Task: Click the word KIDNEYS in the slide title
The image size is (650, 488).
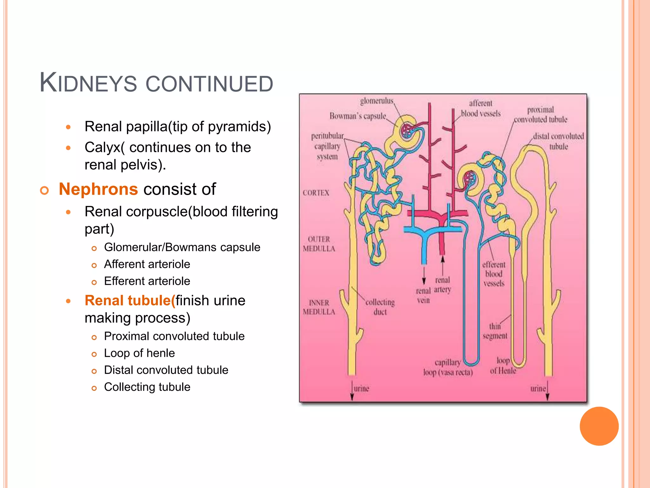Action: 88,83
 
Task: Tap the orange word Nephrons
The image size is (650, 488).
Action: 98,189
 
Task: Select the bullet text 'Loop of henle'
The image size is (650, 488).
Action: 139,353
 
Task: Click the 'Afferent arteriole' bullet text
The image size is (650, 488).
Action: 147,264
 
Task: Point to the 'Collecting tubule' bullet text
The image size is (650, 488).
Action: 147,387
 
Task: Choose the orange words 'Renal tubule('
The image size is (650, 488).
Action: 130,301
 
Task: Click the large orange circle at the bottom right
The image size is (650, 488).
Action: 599,426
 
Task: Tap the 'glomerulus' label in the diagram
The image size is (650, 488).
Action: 377,101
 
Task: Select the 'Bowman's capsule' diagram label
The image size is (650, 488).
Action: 358,116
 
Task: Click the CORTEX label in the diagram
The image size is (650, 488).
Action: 316,193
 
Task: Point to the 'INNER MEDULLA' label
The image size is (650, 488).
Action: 319,307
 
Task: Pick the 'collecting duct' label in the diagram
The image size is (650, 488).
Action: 380,307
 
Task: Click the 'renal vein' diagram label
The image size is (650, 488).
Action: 423,295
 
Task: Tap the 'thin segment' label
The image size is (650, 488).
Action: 495,331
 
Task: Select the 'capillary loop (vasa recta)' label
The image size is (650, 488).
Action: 448,368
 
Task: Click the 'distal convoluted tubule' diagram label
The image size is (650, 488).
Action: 559,141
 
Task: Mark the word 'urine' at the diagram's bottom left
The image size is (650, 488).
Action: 361,389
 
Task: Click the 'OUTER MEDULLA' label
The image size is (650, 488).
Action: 319,244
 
